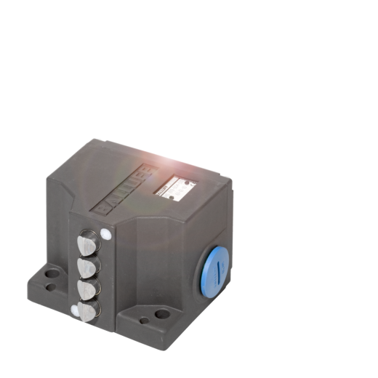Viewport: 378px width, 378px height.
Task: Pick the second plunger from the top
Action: pyautogui.click(x=87, y=267)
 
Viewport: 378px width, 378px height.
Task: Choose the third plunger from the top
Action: pyautogui.click(x=87, y=289)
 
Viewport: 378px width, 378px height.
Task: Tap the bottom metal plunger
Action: pyautogui.click(x=87, y=312)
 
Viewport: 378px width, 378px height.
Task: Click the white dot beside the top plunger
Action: pyautogui.click(x=106, y=234)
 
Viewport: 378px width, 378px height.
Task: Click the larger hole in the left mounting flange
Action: pyautogui.click(x=52, y=276)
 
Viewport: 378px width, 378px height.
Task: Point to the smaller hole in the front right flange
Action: pyautogui.click(x=144, y=318)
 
